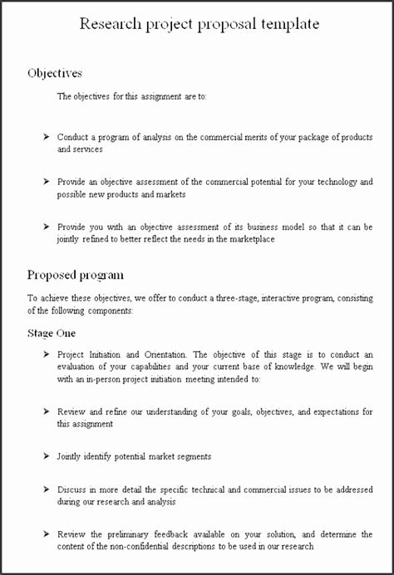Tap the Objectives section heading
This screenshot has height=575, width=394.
(x=55, y=73)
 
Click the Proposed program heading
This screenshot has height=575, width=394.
(x=76, y=275)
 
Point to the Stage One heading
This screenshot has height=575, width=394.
(x=52, y=333)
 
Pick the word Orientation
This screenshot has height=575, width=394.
(x=166, y=353)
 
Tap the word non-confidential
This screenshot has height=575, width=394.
(x=140, y=546)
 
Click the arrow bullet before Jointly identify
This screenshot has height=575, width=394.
(x=47, y=456)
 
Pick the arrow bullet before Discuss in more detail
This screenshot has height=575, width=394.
(x=47, y=488)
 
